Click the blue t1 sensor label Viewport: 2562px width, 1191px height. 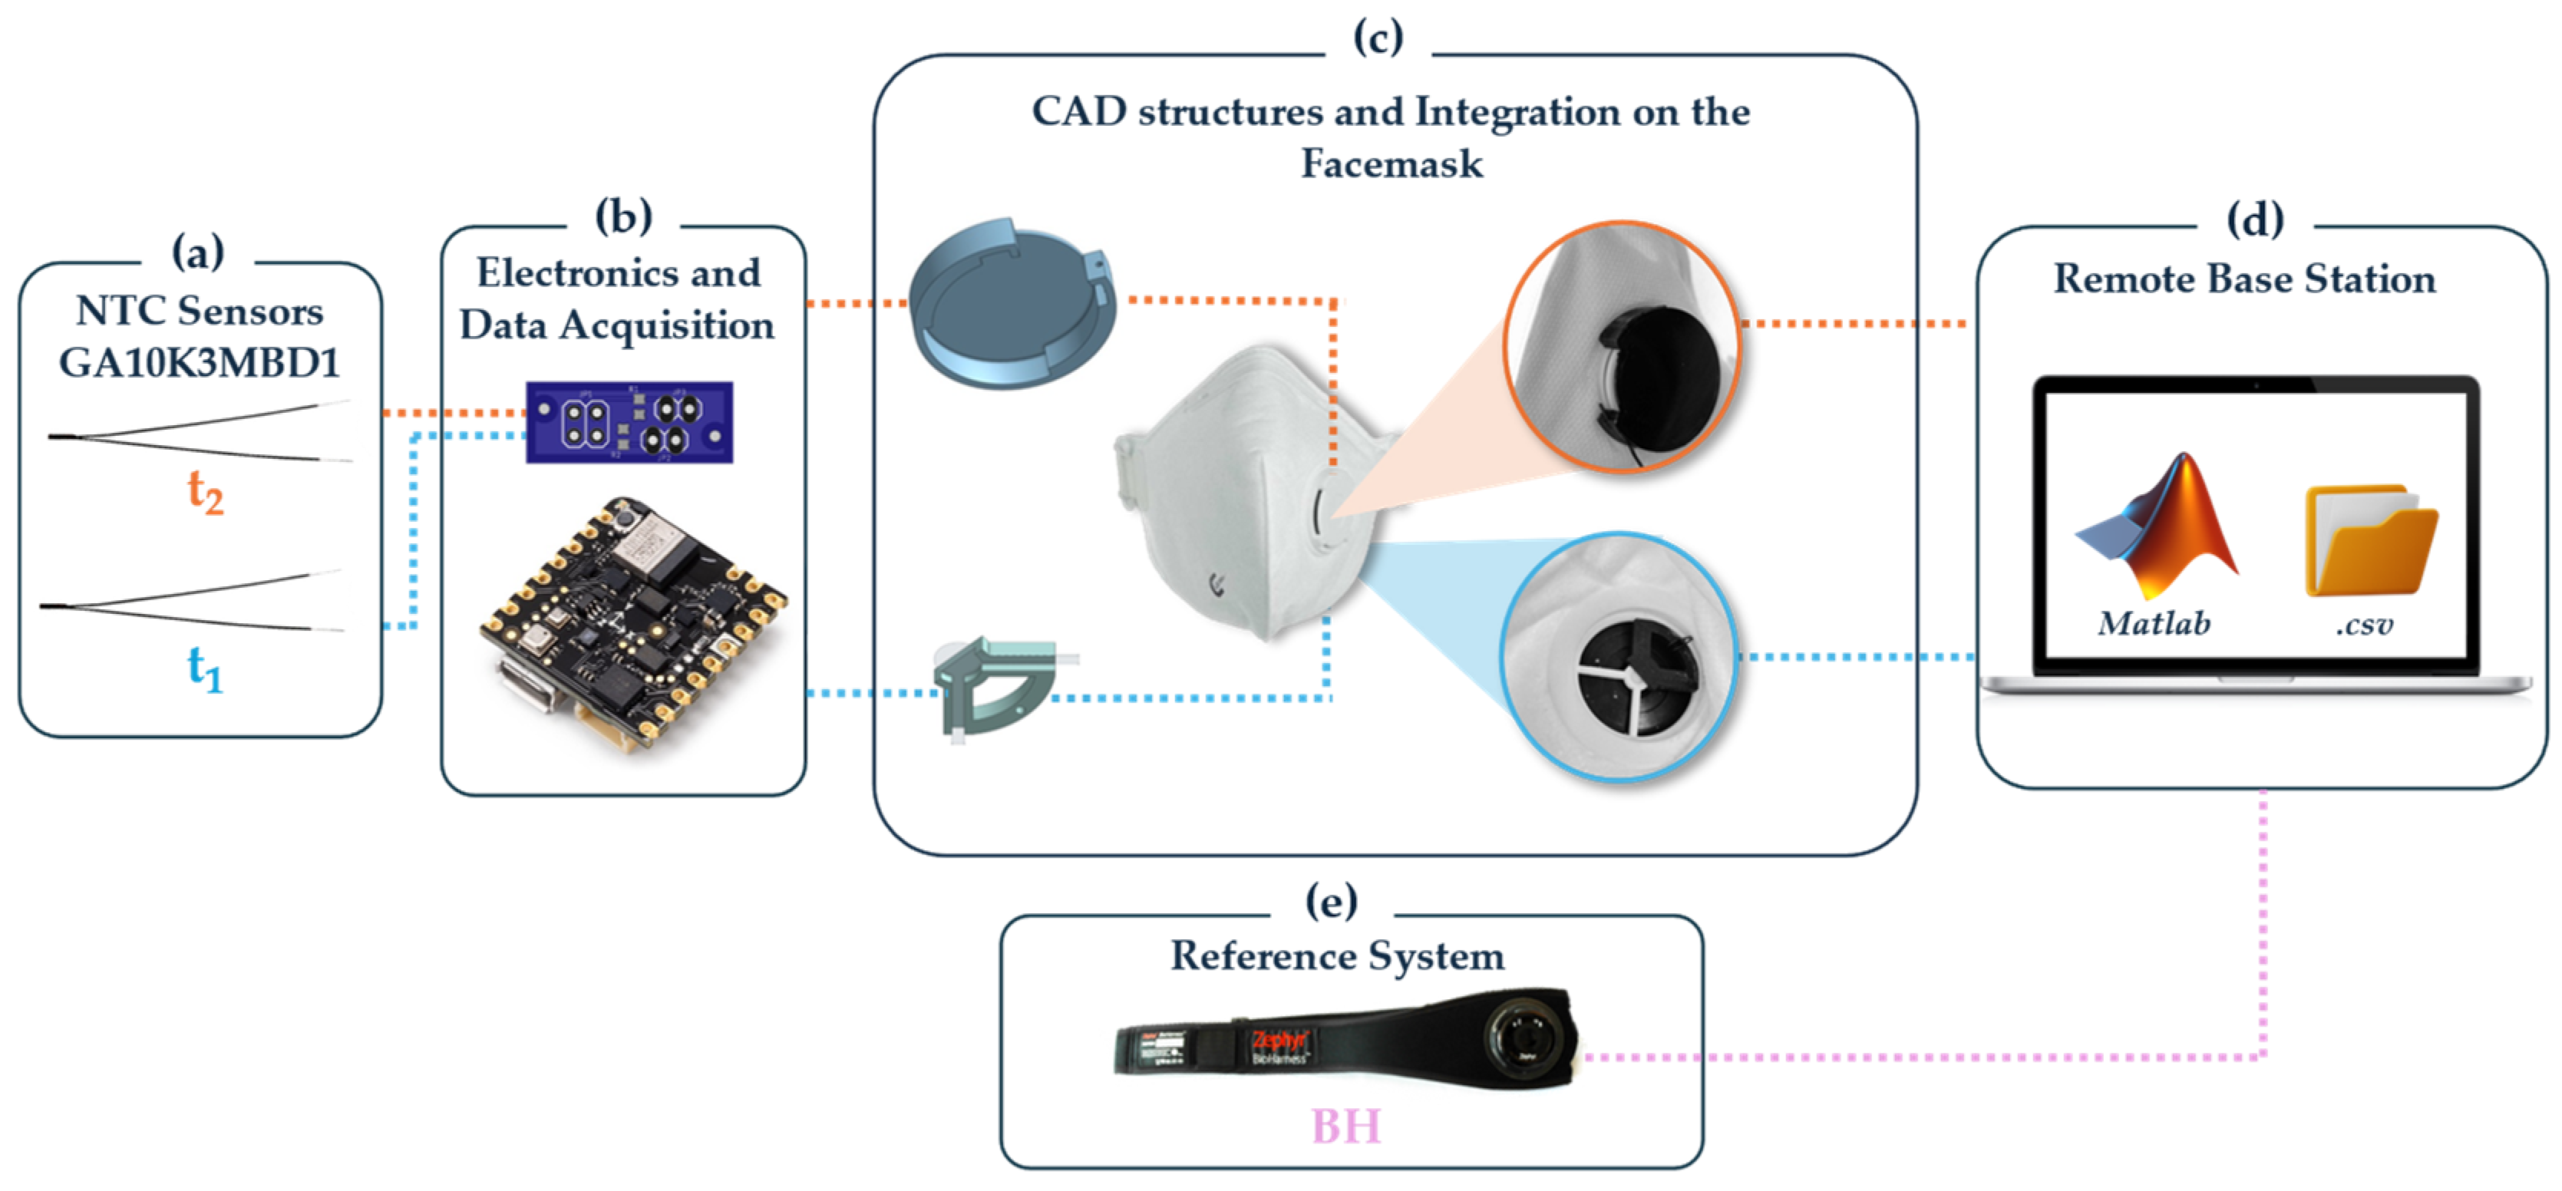(205, 668)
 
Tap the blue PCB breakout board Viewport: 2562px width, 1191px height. (629, 423)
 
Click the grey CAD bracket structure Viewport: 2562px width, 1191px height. (995, 686)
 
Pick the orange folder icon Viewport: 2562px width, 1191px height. (2369, 542)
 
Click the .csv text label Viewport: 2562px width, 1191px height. (2364, 625)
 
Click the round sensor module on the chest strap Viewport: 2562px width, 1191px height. (1522, 1039)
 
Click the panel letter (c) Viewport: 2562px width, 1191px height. (1378, 38)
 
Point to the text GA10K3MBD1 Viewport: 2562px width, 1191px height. (200, 363)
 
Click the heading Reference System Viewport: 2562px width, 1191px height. (1337, 956)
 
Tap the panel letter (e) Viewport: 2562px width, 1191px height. (1331, 902)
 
